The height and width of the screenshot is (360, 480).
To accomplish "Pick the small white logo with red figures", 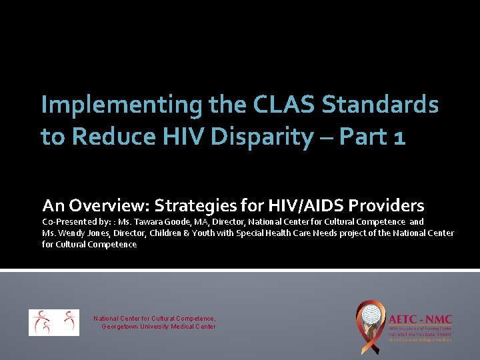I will (53, 323).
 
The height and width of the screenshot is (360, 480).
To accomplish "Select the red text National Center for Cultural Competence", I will (154, 319).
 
